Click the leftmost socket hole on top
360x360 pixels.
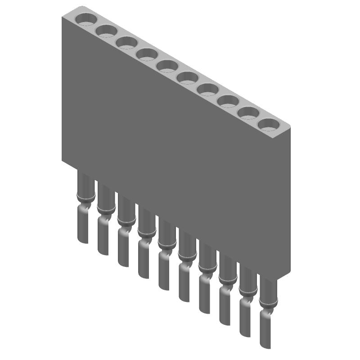coord(86,19)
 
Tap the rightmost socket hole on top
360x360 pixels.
coord(269,124)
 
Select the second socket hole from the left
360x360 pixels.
coord(106,31)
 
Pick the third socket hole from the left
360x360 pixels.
coord(126,42)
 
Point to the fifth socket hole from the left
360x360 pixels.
coord(167,66)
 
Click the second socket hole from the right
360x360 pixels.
coord(248,112)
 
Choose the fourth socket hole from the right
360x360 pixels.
coord(208,89)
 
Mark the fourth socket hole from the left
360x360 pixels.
coord(147,54)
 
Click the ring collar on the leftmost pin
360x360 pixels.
coord(85,196)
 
